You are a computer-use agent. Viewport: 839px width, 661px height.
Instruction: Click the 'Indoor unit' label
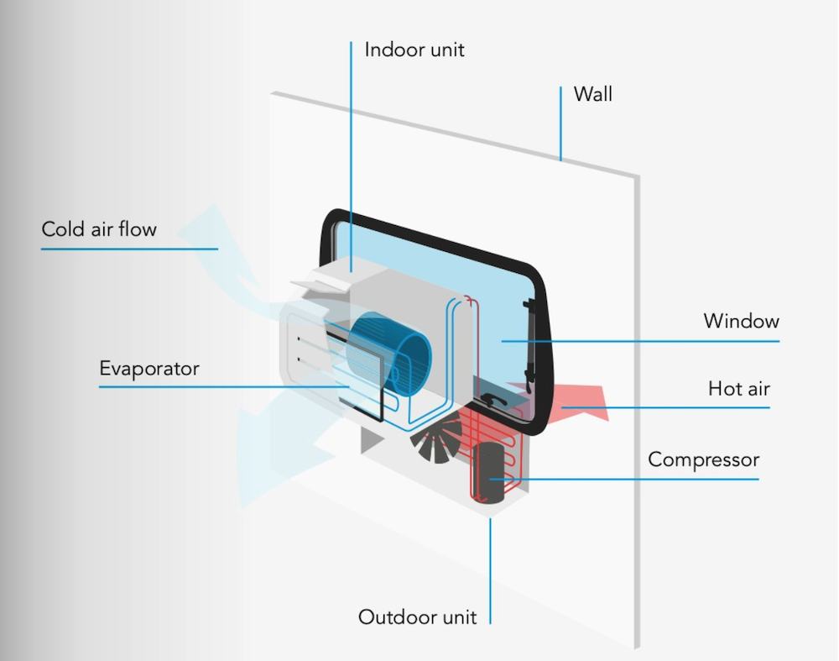click(x=414, y=50)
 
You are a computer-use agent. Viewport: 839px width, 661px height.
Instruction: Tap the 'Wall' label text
click(x=593, y=94)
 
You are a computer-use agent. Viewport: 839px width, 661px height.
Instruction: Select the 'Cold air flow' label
click(x=99, y=229)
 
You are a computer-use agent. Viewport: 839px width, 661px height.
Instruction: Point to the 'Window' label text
click(x=741, y=321)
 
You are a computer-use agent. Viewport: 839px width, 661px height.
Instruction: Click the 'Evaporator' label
click(x=149, y=369)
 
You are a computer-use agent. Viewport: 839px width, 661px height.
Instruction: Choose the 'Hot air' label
click(x=739, y=388)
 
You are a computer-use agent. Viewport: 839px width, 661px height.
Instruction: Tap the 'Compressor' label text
click(x=703, y=459)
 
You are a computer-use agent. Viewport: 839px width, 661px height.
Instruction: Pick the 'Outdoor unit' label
click(x=417, y=617)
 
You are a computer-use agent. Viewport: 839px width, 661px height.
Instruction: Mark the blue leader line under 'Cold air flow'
click(x=129, y=249)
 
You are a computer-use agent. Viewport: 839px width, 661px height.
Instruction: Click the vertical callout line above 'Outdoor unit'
click(x=490, y=571)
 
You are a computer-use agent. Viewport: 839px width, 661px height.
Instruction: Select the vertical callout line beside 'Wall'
click(x=560, y=123)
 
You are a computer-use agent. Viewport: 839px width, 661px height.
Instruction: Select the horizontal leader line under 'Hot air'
click(x=665, y=407)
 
